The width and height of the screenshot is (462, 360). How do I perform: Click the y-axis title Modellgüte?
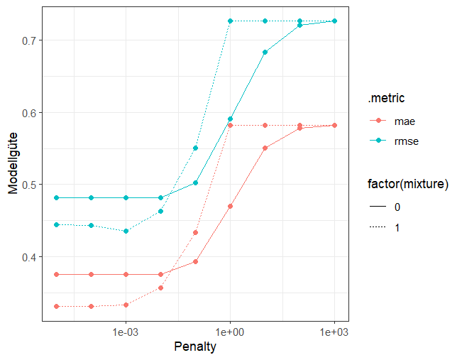(x=13, y=164)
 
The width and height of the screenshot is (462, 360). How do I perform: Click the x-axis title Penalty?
(x=194, y=347)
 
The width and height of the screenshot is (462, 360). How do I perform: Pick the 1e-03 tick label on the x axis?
(x=126, y=332)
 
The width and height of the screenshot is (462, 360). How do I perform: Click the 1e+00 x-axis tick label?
(x=230, y=332)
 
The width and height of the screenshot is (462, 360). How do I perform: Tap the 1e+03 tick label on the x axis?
(x=334, y=332)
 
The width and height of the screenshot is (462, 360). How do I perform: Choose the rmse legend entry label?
(x=406, y=141)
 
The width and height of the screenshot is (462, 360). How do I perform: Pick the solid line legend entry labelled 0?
(x=397, y=208)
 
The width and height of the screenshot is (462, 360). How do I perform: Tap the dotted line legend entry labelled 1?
(x=397, y=227)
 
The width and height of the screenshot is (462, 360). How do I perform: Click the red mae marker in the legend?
(x=378, y=121)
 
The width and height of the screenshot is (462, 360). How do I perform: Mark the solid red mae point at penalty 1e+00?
(x=230, y=206)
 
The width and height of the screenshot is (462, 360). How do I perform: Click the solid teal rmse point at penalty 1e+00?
(x=230, y=119)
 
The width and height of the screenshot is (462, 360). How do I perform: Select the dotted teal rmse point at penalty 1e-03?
(x=126, y=231)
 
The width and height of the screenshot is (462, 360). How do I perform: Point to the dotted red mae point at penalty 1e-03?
(x=126, y=305)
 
